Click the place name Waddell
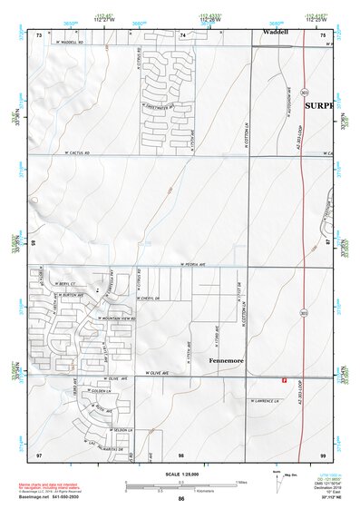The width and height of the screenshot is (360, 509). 276,31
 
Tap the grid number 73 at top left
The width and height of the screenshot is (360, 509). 39,34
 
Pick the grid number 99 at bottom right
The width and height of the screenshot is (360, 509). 322,453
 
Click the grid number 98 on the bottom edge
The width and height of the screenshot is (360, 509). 180,453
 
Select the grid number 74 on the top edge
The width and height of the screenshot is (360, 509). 182,34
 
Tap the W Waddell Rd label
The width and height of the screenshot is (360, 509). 69,42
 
